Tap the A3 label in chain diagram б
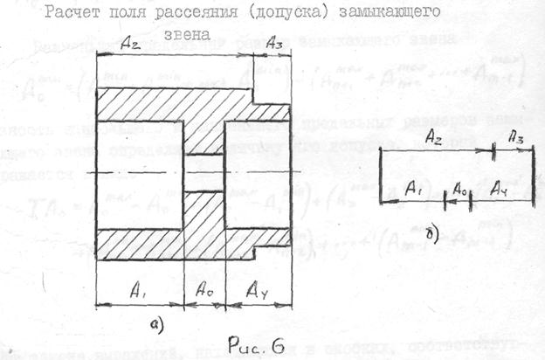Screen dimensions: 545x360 click(516, 136)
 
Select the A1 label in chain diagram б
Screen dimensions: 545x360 click(416, 186)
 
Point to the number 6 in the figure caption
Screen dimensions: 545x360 click(276, 343)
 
